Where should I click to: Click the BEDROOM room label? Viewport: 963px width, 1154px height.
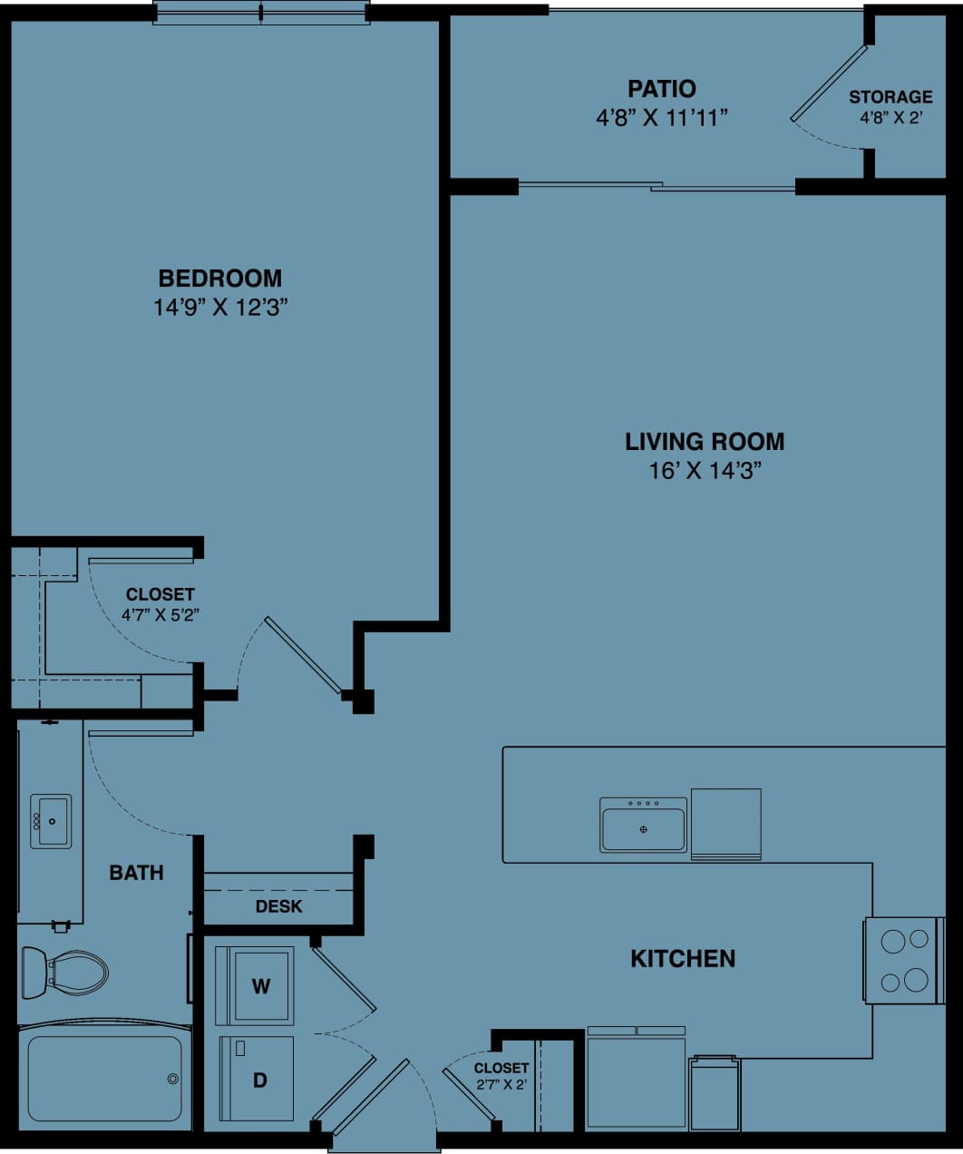tap(219, 279)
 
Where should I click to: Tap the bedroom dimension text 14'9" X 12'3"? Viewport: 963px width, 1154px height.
tap(219, 308)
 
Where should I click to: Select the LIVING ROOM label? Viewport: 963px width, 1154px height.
tap(704, 442)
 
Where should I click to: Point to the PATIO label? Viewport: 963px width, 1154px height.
tap(662, 89)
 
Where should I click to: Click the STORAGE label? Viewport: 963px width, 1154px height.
tap(890, 97)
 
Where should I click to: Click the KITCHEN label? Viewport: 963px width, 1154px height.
tap(682, 958)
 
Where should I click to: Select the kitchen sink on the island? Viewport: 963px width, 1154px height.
tap(643, 825)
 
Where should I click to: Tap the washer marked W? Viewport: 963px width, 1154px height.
tap(259, 986)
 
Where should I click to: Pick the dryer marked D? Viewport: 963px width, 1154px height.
tap(258, 1080)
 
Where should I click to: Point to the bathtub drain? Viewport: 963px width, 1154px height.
tap(172, 1079)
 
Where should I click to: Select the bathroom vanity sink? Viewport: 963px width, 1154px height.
tap(51, 821)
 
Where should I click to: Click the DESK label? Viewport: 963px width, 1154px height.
tap(278, 906)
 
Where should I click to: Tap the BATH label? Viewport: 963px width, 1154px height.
tap(136, 873)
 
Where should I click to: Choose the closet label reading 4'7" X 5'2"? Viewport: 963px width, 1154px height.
tap(160, 614)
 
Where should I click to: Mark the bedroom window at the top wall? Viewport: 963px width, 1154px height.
tap(261, 14)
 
